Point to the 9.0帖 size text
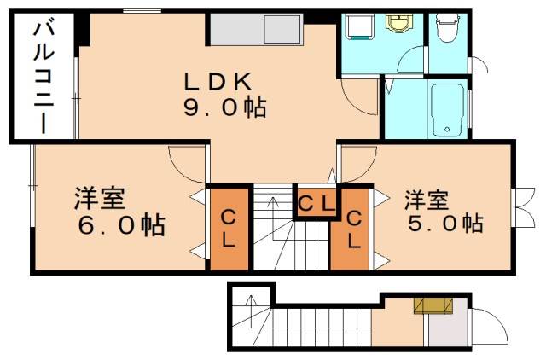pos(223,108)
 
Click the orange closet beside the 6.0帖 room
pos(229,229)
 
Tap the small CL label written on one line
pos(316,202)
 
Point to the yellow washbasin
pos(398,22)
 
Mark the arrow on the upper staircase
pos(271,204)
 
